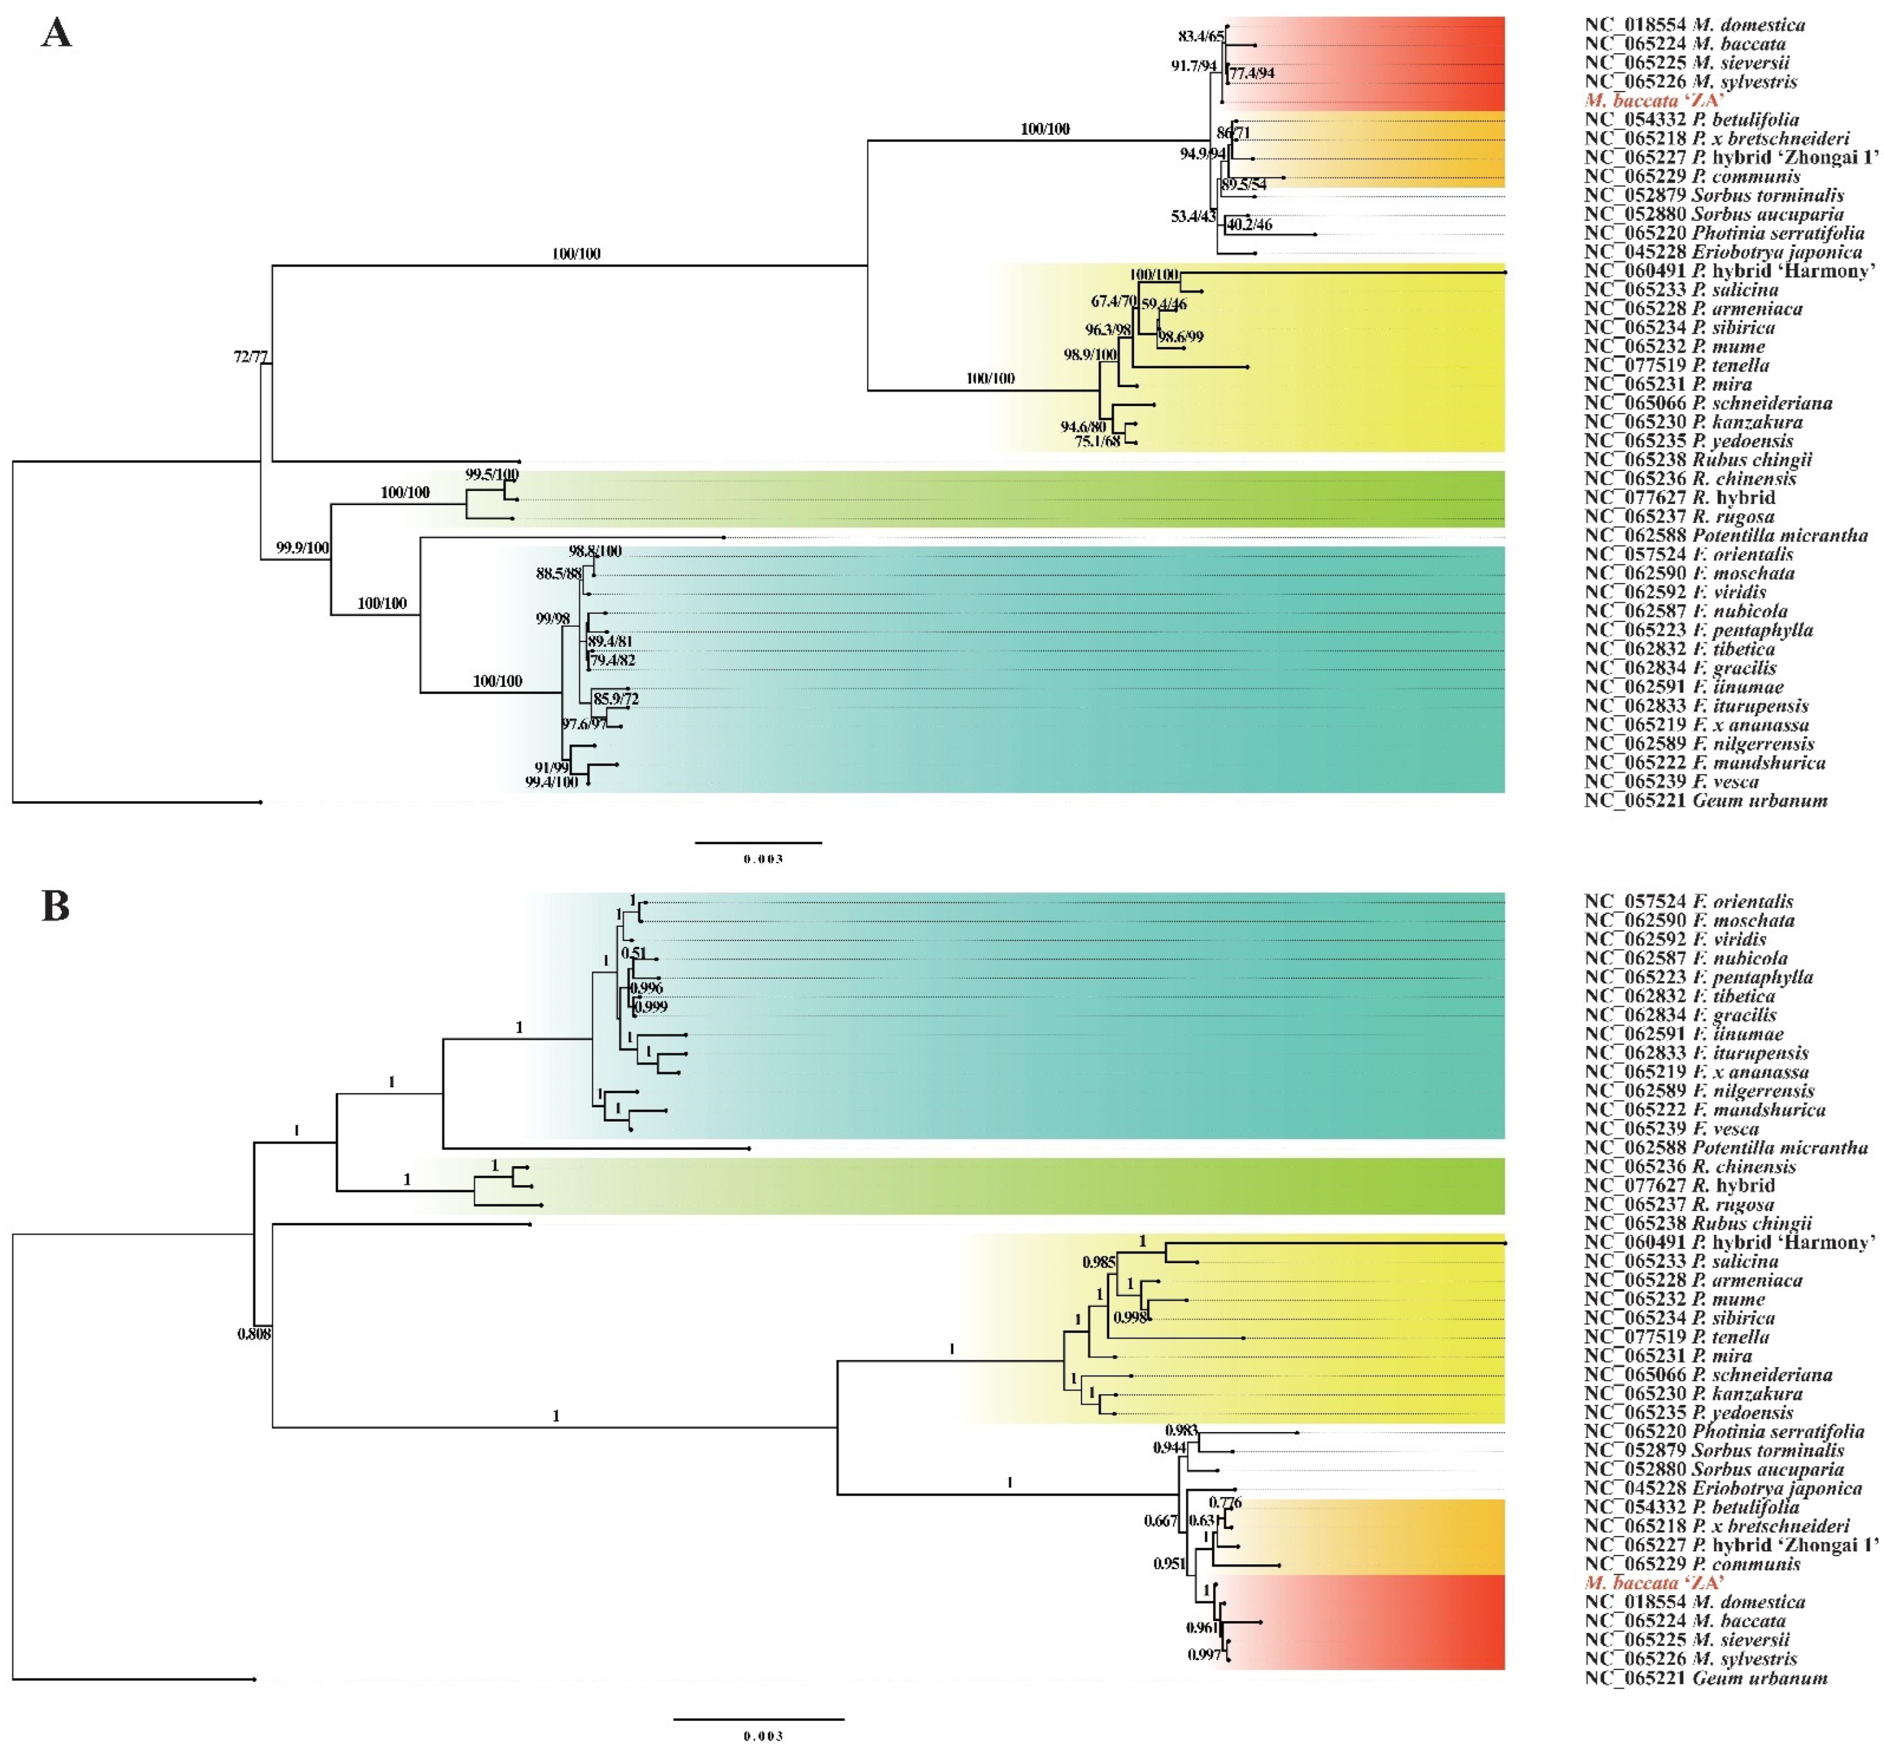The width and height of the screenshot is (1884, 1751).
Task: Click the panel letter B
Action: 55,907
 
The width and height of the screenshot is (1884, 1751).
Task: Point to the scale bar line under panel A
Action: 758,842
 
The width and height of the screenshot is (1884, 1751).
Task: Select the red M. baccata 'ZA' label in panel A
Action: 1654,100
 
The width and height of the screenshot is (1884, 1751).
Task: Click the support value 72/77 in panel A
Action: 251,357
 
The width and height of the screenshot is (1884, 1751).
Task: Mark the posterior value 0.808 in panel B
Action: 254,1335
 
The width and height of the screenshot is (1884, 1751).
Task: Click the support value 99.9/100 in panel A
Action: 302,548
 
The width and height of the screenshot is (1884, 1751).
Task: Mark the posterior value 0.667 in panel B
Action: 1161,1522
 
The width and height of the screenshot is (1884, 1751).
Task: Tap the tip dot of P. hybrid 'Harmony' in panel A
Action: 1505,272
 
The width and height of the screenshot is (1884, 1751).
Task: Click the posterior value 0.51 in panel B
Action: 633,953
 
